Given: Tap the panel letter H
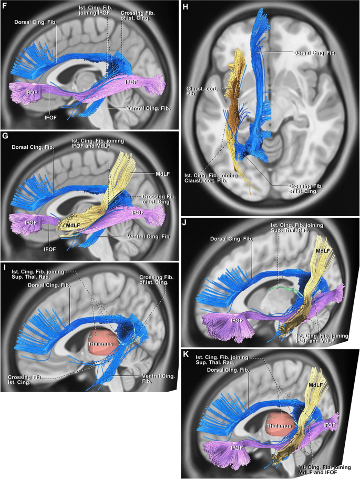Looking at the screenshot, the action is (185, 7).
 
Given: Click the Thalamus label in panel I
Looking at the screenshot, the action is (100, 342).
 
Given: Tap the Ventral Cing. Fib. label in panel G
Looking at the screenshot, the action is (148, 237).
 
